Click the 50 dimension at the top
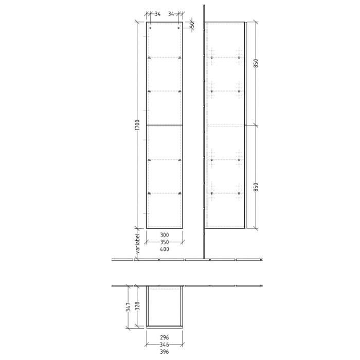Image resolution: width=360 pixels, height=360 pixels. click(192, 25)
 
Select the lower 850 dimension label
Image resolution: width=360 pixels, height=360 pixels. click(256, 187)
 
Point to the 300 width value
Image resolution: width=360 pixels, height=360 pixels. click(165, 235)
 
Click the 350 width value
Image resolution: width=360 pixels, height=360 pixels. click(165, 242)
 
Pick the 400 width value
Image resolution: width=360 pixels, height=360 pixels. click(165, 249)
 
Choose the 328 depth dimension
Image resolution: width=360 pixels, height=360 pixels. click(137, 308)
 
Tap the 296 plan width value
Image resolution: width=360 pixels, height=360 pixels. click(165, 337)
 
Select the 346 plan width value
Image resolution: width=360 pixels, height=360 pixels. click(165, 345)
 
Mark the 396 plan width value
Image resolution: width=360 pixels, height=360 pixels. click(165, 352)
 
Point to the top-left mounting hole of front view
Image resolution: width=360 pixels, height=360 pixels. click(150, 28)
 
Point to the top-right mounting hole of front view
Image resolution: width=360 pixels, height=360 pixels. click(179, 28)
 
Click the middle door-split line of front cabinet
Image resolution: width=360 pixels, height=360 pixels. click(165, 125)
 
